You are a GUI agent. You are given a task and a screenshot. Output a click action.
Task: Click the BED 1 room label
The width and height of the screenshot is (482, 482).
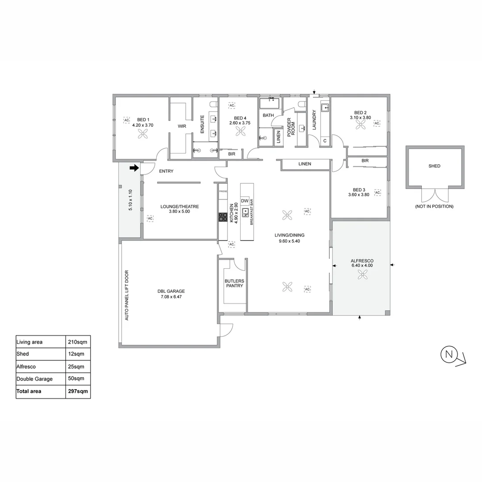[x=143, y=119]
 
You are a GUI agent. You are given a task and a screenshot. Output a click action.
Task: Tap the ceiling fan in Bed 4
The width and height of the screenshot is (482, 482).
[x=241, y=131]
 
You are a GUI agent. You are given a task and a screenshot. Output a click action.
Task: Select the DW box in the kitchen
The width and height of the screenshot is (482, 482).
[x=245, y=201]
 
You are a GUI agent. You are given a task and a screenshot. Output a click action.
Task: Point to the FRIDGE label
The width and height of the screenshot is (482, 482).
[x=223, y=191]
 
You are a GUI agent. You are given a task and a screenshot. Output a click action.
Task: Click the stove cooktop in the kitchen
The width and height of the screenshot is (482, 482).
[x=223, y=217]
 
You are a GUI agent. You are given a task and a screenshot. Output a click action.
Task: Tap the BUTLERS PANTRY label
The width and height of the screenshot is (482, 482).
[x=234, y=283]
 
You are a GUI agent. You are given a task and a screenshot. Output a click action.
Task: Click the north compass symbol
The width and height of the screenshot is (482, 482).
[x=449, y=355]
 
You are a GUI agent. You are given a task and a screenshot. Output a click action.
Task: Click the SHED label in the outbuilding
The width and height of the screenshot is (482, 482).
[x=434, y=166]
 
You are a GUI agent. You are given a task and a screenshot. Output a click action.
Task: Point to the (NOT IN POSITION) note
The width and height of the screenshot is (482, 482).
[x=434, y=206]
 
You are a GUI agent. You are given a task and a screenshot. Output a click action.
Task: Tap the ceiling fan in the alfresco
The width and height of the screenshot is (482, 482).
[x=361, y=276]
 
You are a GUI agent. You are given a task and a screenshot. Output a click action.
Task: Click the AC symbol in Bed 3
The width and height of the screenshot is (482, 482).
[x=378, y=192]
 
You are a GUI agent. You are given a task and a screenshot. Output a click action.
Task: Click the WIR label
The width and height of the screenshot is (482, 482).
[x=182, y=126]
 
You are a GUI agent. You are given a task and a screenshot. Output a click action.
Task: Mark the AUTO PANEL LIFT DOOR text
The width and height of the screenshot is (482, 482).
[x=126, y=295]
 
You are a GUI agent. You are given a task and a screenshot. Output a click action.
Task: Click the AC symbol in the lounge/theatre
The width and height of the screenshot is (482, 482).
[x=150, y=218]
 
